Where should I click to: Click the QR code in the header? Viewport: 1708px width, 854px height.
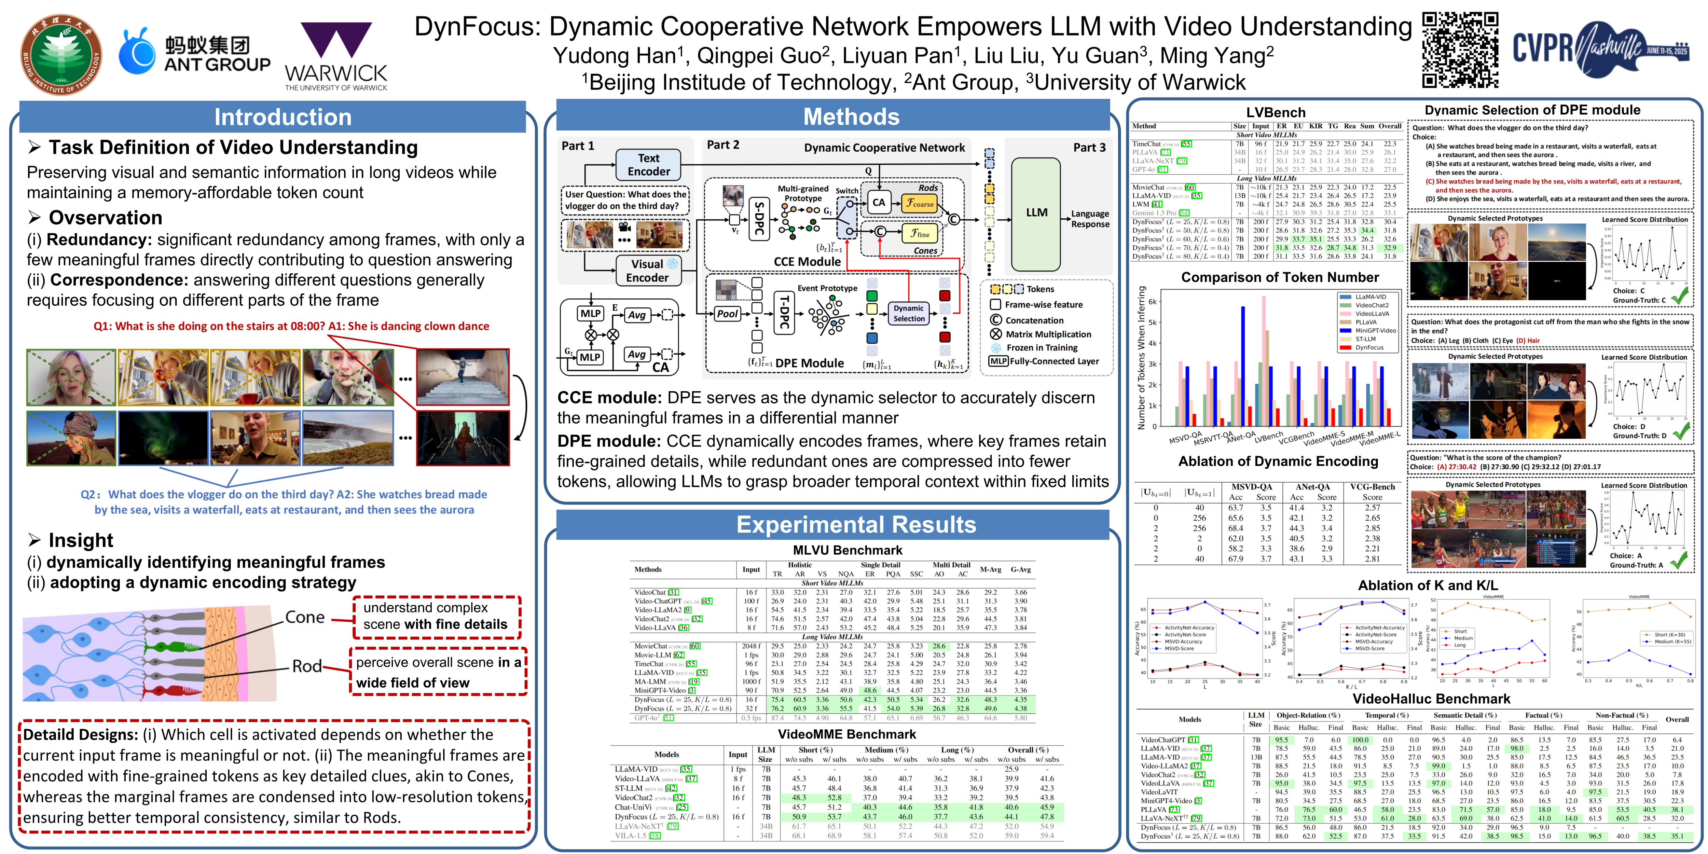tap(1460, 50)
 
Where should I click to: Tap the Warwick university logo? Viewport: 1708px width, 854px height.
tap(335, 56)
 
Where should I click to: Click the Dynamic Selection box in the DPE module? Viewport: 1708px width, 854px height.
tap(908, 313)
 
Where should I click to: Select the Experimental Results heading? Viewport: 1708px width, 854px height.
tap(855, 524)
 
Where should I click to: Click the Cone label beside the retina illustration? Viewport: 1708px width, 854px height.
tap(305, 617)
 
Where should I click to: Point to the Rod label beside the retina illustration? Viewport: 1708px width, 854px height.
tap(307, 666)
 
